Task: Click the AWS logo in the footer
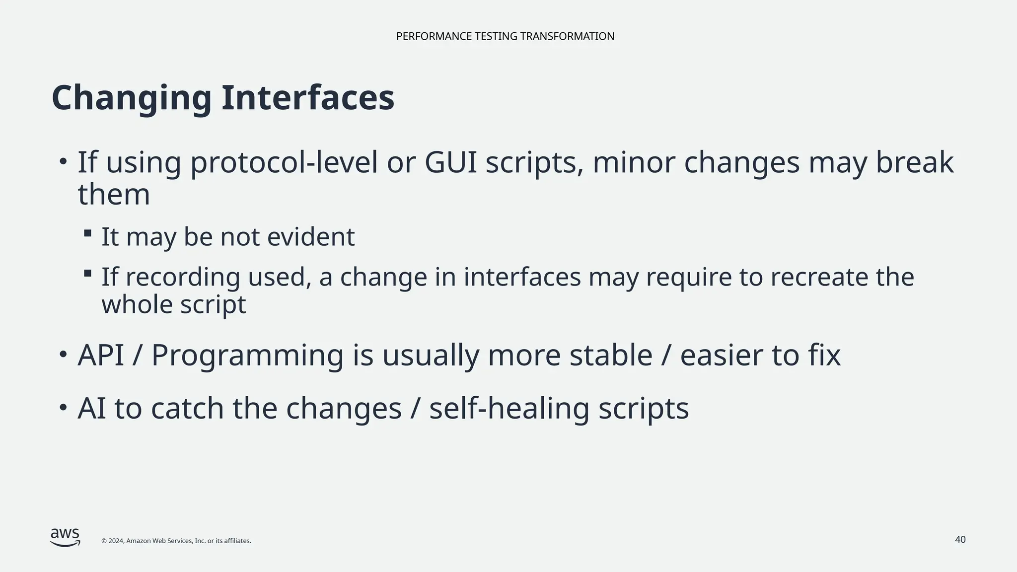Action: [x=65, y=537]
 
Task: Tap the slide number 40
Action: [x=960, y=540]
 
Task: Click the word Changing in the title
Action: [x=132, y=98]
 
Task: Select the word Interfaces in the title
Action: [x=308, y=97]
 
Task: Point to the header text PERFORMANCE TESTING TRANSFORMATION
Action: [x=505, y=36]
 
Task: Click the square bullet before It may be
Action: [x=88, y=233]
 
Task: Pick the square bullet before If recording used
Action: [x=88, y=273]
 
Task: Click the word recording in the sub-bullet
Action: [x=183, y=277]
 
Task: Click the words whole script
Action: [x=174, y=304]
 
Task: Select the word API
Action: [x=101, y=356]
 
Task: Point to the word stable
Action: [x=611, y=356]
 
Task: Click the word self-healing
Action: [x=509, y=409]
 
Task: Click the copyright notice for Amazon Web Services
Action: [x=176, y=541]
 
